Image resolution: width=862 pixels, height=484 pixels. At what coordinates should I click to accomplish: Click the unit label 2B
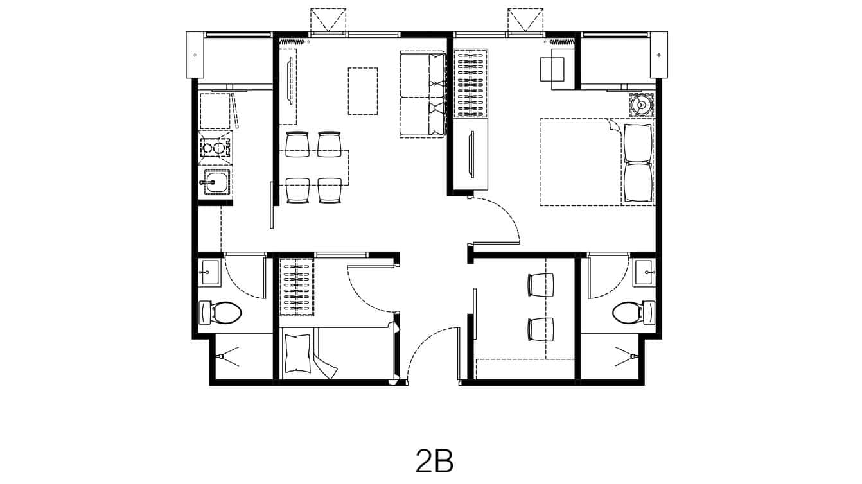(434, 460)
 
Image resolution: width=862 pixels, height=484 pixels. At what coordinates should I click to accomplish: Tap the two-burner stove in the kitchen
(215, 149)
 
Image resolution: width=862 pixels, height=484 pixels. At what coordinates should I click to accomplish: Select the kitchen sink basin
(216, 183)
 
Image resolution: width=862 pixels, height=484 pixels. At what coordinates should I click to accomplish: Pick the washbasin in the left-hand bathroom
(209, 272)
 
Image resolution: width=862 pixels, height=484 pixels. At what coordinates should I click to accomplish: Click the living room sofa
(423, 94)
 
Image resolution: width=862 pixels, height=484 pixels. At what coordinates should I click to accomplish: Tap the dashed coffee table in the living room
(362, 91)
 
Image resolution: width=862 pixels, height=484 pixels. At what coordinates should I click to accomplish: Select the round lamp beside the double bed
(640, 104)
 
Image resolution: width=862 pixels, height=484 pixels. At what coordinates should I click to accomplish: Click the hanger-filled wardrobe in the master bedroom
(471, 83)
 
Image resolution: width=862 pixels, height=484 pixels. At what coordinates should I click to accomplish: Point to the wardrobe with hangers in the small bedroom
(297, 287)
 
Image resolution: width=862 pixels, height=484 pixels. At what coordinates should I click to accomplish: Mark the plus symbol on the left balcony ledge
(195, 55)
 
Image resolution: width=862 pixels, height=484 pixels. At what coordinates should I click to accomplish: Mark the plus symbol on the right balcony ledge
(658, 55)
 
